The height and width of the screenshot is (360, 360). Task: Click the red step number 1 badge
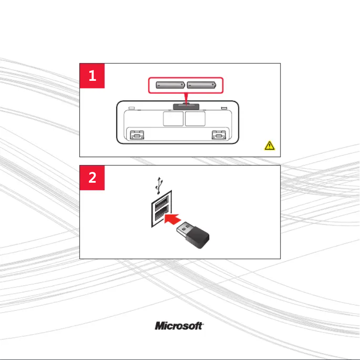pyautogui.click(x=92, y=76)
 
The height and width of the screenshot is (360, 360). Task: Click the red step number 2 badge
pyautogui.click(x=92, y=178)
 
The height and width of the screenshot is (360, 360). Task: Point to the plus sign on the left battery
pyautogui.click(x=182, y=84)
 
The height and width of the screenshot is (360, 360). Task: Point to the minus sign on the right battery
pyautogui.click(x=190, y=84)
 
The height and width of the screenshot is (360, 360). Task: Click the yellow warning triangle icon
pyautogui.click(x=270, y=145)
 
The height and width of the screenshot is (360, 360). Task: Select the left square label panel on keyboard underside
pyautogui.click(x=173, y=119)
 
